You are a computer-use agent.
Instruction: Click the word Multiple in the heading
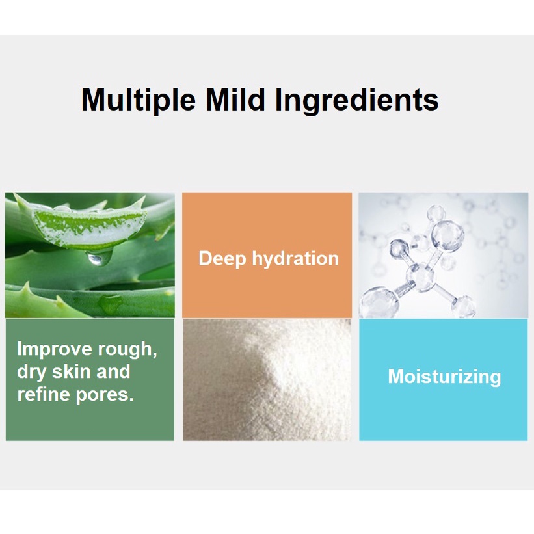point(139,100)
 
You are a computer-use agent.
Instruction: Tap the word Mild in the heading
point(235,100)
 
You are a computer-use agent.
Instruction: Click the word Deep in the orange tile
point(222,259)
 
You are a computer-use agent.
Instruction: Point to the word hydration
point(295,258)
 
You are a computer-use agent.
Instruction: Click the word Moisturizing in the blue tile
point(444,377)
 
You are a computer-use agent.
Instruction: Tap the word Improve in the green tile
point(54,350)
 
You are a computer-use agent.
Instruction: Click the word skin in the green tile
point(71,371)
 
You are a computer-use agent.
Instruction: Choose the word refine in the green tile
point(42,394)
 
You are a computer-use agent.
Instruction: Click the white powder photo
point(267,380)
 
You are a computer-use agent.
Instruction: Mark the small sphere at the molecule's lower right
point(463,306)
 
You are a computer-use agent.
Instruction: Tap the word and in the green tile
point(113,371)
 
